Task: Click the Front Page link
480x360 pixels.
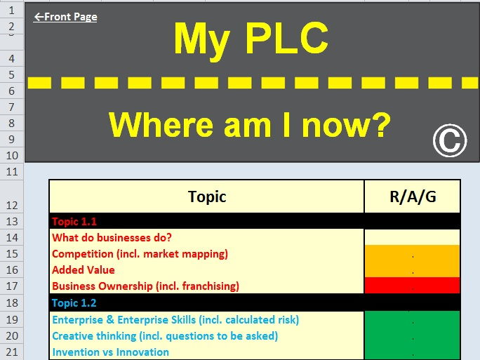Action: tap(65, 17)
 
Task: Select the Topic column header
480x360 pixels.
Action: tap(206, 196)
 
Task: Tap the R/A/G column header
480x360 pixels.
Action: tap(413, 196)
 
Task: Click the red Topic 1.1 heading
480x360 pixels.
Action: tap(74, 221)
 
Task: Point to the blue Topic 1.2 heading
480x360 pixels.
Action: tap(74, 302)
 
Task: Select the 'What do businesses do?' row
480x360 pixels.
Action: tap(112, 238)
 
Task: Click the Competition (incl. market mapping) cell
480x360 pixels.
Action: tap(140, 254)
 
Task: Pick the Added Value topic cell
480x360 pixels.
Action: tap(84, 270)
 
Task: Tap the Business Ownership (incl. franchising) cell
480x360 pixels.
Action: tap(145, 286)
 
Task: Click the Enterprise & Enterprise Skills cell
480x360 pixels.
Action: tap(175, 320)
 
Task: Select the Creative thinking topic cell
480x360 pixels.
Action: tap(165, 336)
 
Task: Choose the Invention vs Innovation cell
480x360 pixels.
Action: tap(110, 352)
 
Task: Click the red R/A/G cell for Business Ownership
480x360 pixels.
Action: tap(413, 286)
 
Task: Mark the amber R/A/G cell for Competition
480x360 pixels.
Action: tap(413, 253)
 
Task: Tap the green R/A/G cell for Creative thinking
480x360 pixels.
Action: tap(413, 336)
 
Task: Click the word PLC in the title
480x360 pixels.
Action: tap(286, 39)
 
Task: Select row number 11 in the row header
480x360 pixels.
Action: tap(12, 171)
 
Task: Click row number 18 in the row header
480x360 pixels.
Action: tap(12, 302)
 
